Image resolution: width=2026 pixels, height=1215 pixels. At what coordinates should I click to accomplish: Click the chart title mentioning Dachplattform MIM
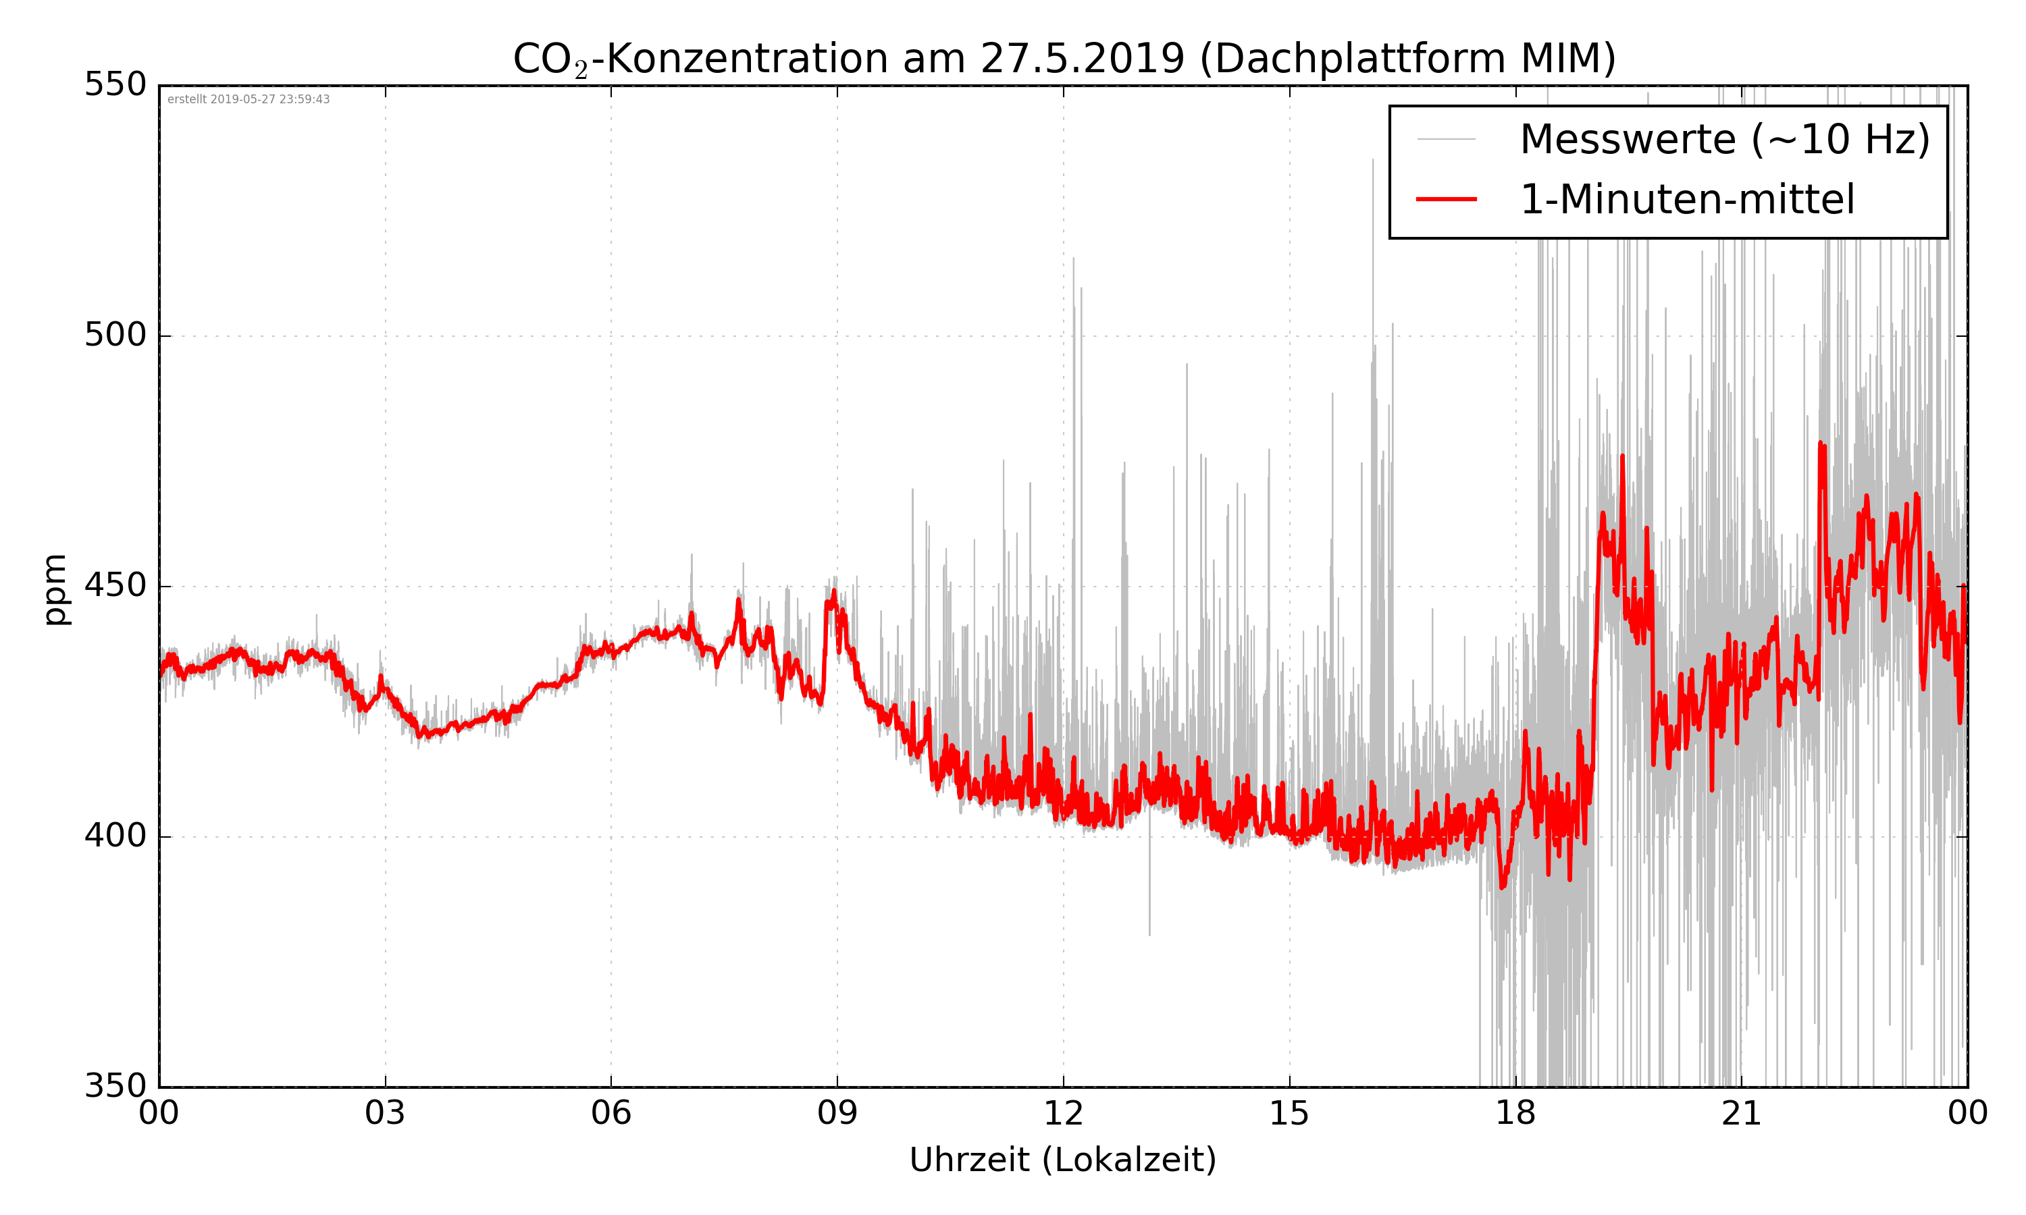pyautogui.click(x=1064, y=59)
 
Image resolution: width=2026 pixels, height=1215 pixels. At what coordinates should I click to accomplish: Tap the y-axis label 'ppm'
pyautogui.click(x=55, y=589)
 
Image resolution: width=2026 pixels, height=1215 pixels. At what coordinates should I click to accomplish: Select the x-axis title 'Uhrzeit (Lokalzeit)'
pyautogui.click(x=1063, y=1160)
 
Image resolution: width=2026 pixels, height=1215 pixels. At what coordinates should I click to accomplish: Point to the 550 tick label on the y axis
pyautogui.click(x=115, y=85)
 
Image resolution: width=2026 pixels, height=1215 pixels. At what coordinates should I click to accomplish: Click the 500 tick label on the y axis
pyautogui.click(x=115, y=335)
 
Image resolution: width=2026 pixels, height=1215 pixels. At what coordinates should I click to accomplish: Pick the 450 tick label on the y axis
pyautogui.click(x=115, y=586)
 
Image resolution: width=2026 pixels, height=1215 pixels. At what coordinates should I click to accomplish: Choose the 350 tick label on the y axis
pyautogui.click(x=115, y=1087)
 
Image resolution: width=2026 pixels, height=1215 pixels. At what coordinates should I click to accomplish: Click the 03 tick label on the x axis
pyautogui.click(x=385, y=1114)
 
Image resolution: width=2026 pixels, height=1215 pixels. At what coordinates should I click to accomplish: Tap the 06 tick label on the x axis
pyautogui.click(x=611, y=1114)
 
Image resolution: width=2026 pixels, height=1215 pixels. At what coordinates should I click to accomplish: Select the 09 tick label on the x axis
pyautogui.click(x=837, y=1114)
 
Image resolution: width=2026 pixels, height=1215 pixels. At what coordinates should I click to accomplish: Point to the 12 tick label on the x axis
pyautogui.click(x=1063, y=1114)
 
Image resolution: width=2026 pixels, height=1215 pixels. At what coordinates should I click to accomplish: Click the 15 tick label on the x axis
pyautogui.click(x=1289, y=1114)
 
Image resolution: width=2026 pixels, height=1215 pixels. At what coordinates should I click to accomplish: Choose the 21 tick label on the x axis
pyautogui.click(x=1741, y=1114)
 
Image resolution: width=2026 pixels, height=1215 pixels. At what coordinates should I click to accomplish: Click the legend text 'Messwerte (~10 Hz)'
pyautogui.click(x=1725, y=139)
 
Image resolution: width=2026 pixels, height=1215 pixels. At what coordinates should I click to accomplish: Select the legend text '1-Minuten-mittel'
pyautogui.click(x=1687, y=200)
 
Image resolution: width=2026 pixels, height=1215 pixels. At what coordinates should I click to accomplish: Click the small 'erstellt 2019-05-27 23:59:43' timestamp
pyautogui.click(x=248, y=100)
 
